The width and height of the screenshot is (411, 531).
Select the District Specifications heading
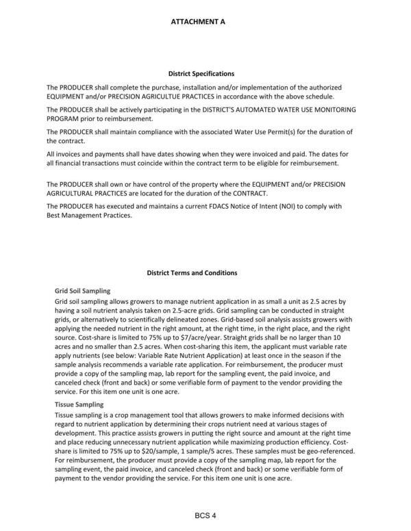(201, 73)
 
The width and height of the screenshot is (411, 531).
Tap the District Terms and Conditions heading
(192, 273)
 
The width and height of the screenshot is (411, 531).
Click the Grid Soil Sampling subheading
(82, 291)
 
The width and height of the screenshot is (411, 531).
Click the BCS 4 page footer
(205, 515)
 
